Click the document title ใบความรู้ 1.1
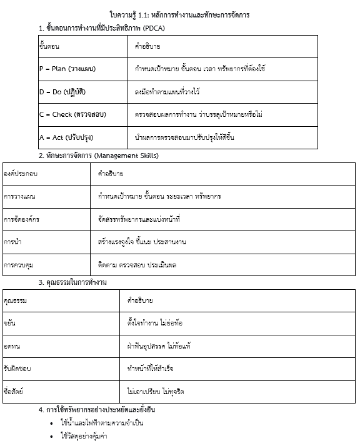(179, 14)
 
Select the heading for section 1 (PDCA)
(101, 28)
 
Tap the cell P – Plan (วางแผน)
(67, 69)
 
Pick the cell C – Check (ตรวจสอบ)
(72, 114)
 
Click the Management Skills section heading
(98, 156)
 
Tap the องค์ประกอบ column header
(21, 173)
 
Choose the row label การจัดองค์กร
(21, 219)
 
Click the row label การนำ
(12, 242)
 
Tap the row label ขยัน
(9, 324)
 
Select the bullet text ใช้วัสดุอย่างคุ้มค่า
(84, 436)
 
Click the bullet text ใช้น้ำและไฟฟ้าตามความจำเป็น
(102, 423)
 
